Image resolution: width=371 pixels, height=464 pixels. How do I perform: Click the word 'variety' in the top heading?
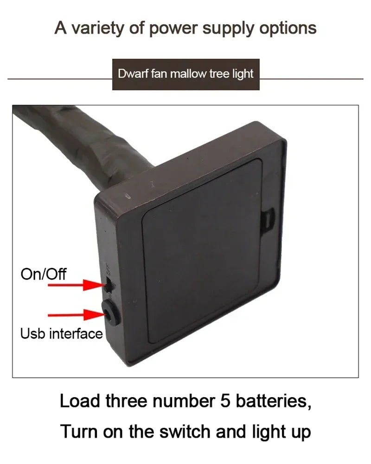[98, 28]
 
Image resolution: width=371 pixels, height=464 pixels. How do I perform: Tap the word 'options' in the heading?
[288, 29]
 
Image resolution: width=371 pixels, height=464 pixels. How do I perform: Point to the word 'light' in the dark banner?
[243, 74]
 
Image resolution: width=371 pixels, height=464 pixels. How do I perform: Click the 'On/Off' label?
[44, 274]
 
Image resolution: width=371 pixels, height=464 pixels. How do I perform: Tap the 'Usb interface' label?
[61, 333]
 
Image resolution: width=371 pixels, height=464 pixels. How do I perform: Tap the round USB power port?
[110, 312]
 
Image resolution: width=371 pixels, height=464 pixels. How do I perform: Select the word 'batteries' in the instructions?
[273, 401]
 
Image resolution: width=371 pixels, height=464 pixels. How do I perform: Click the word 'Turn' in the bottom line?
[79, 431]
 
